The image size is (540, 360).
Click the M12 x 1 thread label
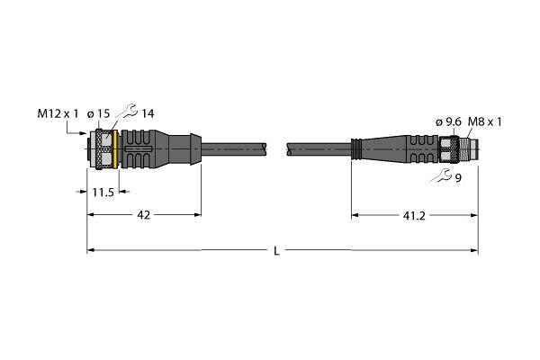(58, 113)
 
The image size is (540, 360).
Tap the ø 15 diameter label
(98, 113)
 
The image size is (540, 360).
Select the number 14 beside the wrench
(148, 113)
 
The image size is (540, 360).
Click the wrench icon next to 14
(127, 111)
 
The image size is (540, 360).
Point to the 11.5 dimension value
(103, 193)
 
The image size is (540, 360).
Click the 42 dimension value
(144, 215)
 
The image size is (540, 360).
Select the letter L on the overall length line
(276, 251)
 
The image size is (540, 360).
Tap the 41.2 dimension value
(414, 216)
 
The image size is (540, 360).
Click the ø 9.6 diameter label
(448, 121)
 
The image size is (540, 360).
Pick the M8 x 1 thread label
(485, 121)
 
